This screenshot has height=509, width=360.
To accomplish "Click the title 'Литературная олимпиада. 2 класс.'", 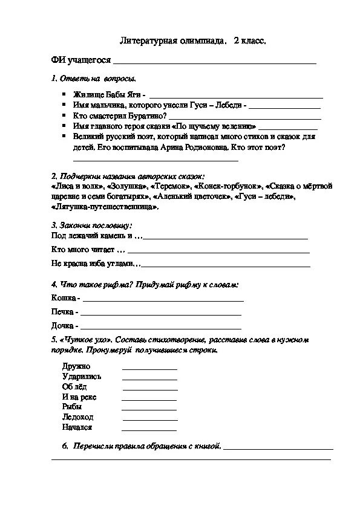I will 193,41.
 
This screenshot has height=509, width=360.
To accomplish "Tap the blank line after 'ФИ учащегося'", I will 215,62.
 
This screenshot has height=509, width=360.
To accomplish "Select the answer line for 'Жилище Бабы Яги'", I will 236,97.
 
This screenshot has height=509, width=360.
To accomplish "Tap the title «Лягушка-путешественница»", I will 106,207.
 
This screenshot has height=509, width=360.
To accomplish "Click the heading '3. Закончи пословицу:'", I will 88,225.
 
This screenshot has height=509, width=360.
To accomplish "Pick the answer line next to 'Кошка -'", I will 163,300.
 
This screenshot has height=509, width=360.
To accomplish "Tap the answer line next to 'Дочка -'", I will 160,326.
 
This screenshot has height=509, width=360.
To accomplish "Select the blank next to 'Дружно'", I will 149,368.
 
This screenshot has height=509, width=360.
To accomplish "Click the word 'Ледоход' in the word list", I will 76,417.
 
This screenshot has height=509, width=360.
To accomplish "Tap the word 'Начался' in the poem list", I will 77,427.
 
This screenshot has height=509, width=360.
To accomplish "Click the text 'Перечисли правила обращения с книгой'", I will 146,446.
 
